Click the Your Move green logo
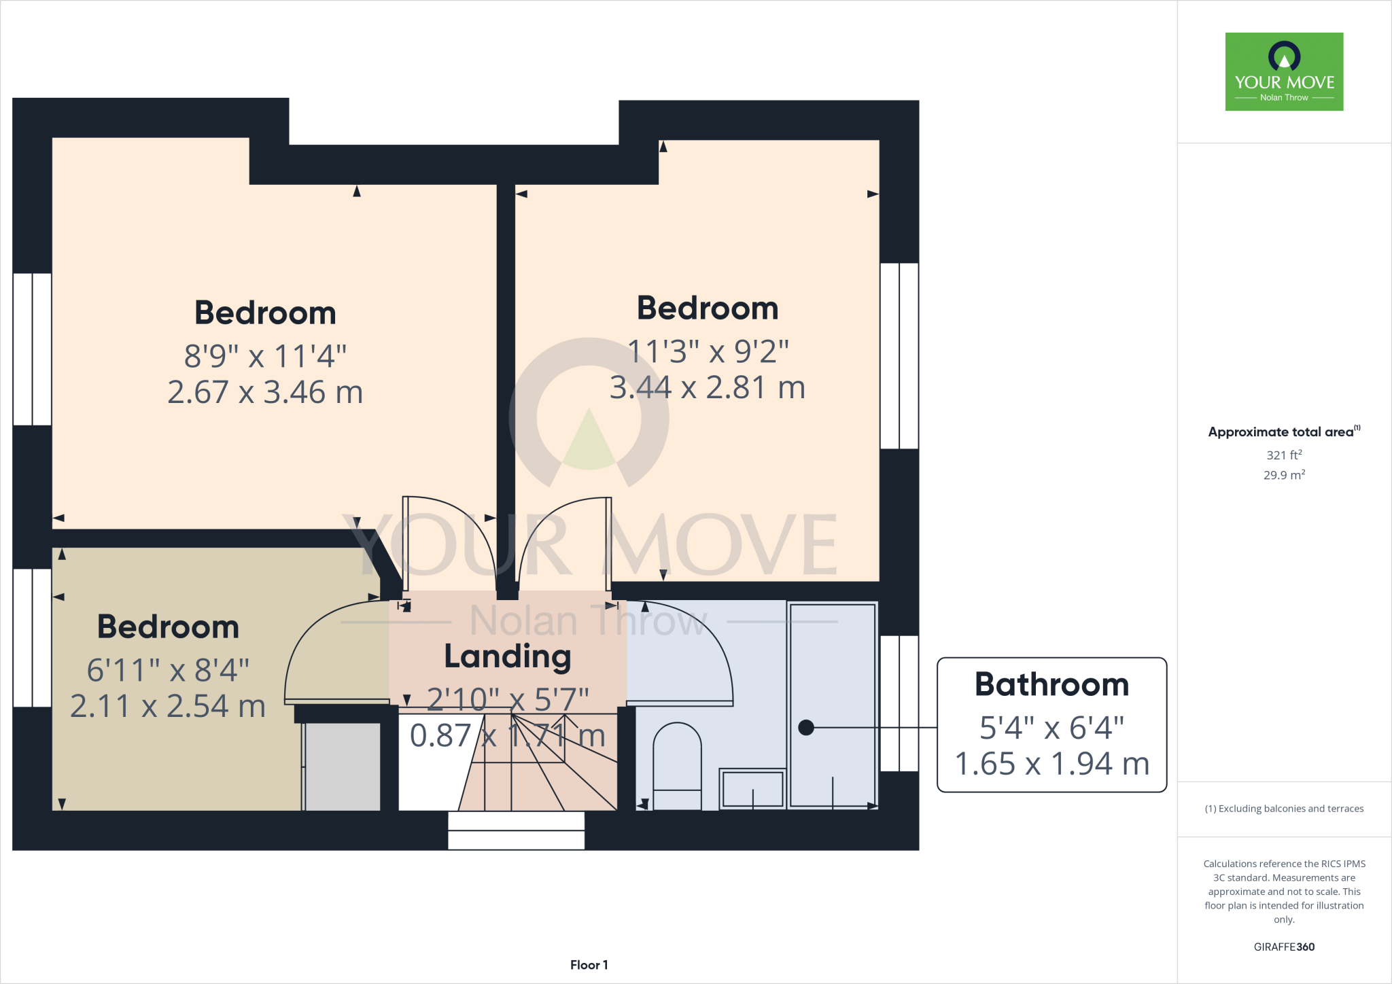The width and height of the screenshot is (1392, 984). (x=1284, y=71)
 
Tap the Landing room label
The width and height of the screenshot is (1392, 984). (x=508, y=656)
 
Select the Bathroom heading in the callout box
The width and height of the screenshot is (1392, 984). (x=1051, y=684)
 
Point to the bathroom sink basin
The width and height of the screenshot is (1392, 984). (x=752, y=788)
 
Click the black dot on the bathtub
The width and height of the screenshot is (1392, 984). (x=806, y=728)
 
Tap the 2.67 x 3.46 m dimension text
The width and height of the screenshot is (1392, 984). (x=265, y=393)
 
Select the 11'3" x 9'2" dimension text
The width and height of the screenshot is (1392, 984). (x=708, y=352)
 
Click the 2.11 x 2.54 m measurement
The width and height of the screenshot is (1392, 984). (x=168, y=707)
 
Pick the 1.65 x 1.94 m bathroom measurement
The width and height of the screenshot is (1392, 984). (x=1051, y=765)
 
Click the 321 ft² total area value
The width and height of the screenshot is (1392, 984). (x=1284, y=455)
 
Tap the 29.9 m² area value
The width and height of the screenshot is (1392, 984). (x=1284, y=475)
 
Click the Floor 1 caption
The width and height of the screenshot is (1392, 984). (x=589, y=965)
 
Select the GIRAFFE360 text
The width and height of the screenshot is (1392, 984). (x=1284, y=947)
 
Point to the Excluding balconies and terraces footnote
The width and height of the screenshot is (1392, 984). (x=1284, y=809)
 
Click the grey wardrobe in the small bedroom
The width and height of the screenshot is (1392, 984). (x=342, y=767)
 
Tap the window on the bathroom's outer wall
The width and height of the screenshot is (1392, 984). (x=899, y=703)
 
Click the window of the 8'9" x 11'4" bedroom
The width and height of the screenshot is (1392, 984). (x=32, y=349)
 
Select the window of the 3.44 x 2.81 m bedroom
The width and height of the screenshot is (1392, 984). (x=899, y=356)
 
